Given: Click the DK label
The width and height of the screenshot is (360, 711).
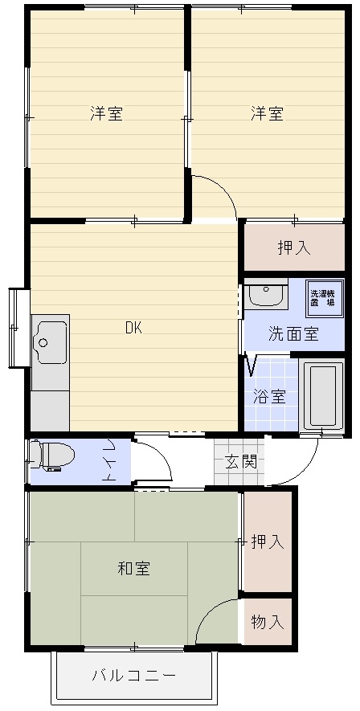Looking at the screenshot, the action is click(x=133, y=328).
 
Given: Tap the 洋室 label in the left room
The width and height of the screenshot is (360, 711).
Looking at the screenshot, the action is click(x=107, y=113).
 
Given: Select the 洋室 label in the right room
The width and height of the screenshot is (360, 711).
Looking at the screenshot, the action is click(x=268, y=113).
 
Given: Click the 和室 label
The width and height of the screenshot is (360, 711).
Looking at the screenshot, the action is click(x=134, y=568).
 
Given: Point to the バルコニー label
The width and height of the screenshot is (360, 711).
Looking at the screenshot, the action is click(x=133, y=676).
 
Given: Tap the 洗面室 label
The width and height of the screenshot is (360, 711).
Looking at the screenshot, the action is click(x=293, y=334).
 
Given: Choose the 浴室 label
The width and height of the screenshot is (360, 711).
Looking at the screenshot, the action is click(x=269, y=397).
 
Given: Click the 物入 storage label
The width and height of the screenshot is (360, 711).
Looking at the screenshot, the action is click(x=268, y=622).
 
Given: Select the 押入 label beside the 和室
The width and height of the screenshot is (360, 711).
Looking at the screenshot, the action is click(x=268, y=541).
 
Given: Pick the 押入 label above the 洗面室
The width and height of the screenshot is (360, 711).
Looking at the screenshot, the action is click(x=294, y=247).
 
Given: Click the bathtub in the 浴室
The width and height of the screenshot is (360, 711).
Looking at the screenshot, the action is click(x=323, y=394).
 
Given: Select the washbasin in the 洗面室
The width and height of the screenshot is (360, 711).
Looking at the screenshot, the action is click(x=266, y=294).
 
